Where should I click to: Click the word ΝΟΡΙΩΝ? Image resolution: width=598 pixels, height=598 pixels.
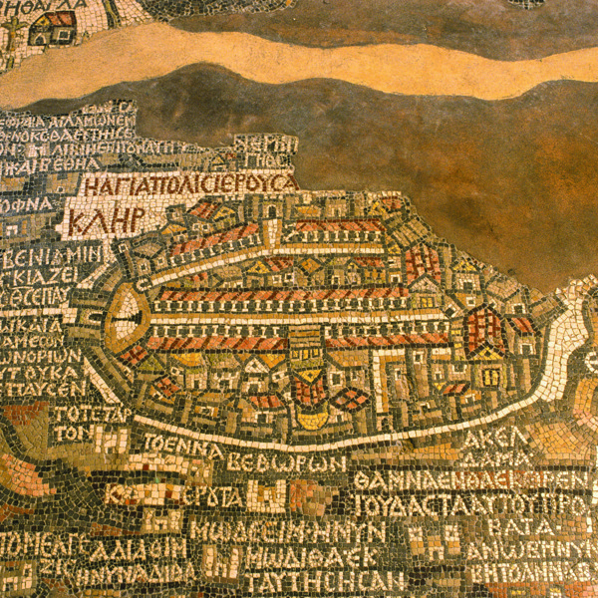(x=45, y=355)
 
